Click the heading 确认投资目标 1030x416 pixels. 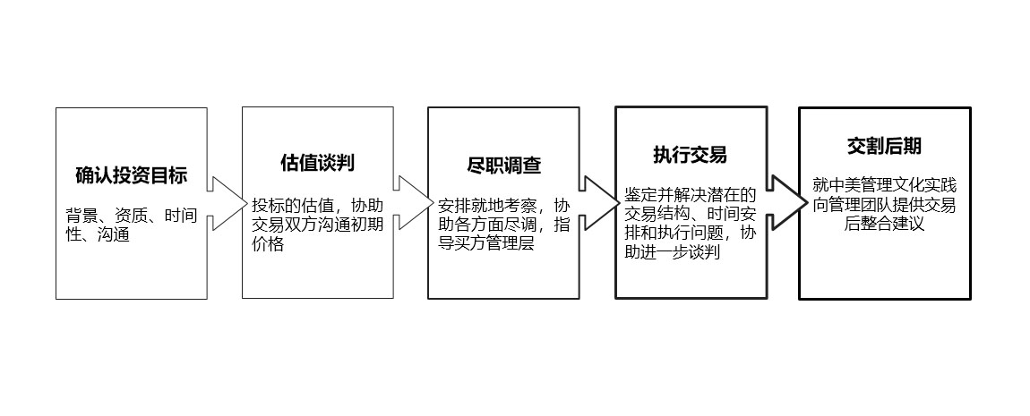point(131,175)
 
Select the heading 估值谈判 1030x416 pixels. point(317,163)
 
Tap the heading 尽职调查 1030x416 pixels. point(504,166)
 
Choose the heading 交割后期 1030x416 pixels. point(885,146)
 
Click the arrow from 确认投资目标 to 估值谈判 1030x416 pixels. point(225,202)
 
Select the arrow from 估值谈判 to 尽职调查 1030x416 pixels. point(411,202)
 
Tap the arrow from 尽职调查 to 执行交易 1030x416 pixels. point(597,202)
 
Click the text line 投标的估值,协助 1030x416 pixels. point(317,203)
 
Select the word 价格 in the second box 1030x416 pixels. point(268,243)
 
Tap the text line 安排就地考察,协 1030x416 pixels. point(503,205)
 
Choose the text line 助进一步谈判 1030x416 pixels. point(673,253)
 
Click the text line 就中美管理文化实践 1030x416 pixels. point(884,185)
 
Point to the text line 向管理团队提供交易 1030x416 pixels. point(884,205)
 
